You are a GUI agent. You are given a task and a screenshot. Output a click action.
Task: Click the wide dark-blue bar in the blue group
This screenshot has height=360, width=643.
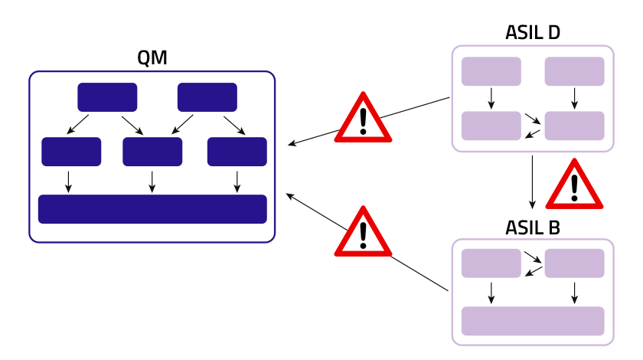pyautogui.click(x=152, y=209)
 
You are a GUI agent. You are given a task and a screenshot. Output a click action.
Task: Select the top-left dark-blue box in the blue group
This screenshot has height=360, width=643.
pyautogui.click(x=107, y=97)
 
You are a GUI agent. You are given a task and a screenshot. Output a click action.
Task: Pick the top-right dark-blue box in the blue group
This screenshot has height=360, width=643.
pyautogui.click(x=207, y=97)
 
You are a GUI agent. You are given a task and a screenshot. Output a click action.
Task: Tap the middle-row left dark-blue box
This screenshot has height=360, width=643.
pyautogui.click(x=71, y=152)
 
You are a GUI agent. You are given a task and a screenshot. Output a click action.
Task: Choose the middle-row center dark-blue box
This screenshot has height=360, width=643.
pyautogui.click(x=152, y=152)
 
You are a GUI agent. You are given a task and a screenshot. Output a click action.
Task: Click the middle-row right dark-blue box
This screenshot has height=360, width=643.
pyautogui.click(x=237, y=152)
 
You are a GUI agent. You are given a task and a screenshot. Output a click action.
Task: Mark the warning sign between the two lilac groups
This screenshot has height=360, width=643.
pyautogui.click(x=574, y=186)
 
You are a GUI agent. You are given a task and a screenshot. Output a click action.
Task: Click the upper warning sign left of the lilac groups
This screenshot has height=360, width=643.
pyautogui.click(x=363, y=119)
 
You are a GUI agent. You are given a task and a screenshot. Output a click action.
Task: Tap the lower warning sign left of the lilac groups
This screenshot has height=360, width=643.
pyautogui.click(x=363, y=234)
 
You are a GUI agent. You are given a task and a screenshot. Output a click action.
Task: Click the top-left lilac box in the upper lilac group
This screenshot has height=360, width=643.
pyautogui.click(x=491, y=71)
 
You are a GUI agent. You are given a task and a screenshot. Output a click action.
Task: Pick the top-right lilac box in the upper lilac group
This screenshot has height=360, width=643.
pyautogui.click(x=574, y=71)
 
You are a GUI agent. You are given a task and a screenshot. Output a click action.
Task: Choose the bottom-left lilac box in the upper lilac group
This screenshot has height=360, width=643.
pyautogui.click(x=491, y=126)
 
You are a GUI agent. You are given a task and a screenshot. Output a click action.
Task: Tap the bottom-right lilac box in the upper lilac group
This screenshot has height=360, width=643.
pyautogui.click(x=574, y=126)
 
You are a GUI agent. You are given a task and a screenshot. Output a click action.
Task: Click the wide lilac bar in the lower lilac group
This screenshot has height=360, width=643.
pyautogui.click(x=532, y=321)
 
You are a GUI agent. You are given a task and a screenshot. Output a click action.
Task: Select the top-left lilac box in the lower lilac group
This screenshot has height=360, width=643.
pyautogui.click(x=491, y=263)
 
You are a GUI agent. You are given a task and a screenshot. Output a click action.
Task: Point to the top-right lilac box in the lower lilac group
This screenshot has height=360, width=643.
pyautogui.click(x=574, y=263)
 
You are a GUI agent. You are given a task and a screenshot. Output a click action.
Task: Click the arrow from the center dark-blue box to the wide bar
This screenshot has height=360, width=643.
pyautogui.click(x=152, y=182)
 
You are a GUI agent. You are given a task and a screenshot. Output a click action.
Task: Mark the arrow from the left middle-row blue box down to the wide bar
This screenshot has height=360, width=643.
pyautogui.click(x=68, y=182)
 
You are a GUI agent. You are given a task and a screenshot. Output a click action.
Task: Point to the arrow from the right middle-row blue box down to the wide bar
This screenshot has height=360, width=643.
pyautogui.click(x=237, y=182)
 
